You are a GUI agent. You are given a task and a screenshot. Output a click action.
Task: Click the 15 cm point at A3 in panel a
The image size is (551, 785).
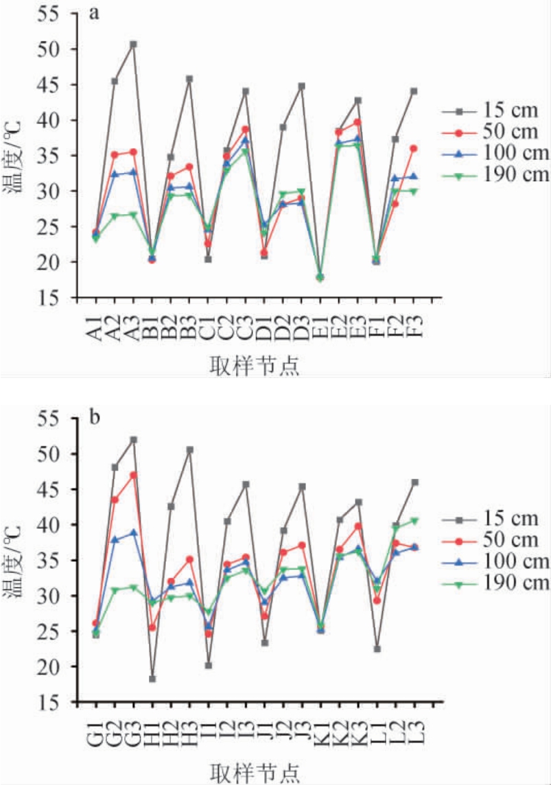(x=133, y=44)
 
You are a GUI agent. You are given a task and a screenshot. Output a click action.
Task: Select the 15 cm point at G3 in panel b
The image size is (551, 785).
(x=133, y=440)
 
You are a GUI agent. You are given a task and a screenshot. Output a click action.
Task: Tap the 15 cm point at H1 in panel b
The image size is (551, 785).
(x=152, y=679)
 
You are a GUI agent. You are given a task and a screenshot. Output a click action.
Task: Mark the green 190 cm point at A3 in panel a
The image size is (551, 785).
(x=133, y=215)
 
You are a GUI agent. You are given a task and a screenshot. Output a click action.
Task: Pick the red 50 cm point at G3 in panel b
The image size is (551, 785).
(x=133, y=475)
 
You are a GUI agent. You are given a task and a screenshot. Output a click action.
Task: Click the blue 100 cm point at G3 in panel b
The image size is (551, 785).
(x=133, y=532)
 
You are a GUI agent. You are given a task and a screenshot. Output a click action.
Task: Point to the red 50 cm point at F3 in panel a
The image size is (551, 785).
(x=414, y=148)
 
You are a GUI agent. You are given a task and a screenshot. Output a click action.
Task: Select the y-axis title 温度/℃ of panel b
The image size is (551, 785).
(x=19, y=559)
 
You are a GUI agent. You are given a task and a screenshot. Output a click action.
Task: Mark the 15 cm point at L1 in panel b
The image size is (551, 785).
(x=377, y=648)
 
